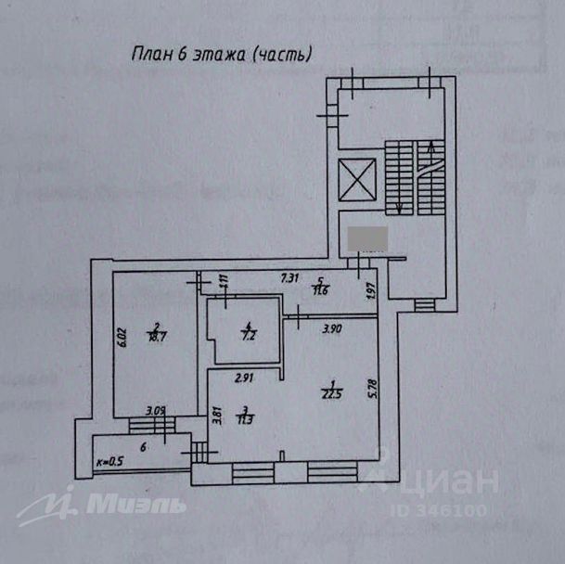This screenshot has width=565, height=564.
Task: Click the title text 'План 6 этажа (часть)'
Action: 222,55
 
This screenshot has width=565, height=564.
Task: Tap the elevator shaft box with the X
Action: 358,179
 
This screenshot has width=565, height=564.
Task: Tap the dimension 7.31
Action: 290,276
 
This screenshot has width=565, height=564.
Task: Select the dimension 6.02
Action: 121,335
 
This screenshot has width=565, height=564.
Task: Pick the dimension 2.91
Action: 244,378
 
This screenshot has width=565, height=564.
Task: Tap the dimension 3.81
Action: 215,417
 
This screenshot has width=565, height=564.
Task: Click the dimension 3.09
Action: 157,409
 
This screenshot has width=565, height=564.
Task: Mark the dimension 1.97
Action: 369,290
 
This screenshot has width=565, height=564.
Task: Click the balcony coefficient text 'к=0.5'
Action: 109,461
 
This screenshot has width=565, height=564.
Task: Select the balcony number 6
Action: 143,446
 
